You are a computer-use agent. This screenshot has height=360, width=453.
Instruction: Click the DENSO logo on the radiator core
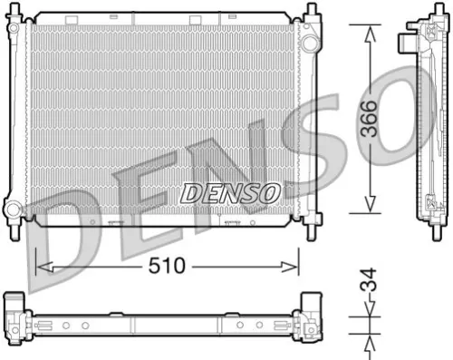[231, 192]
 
